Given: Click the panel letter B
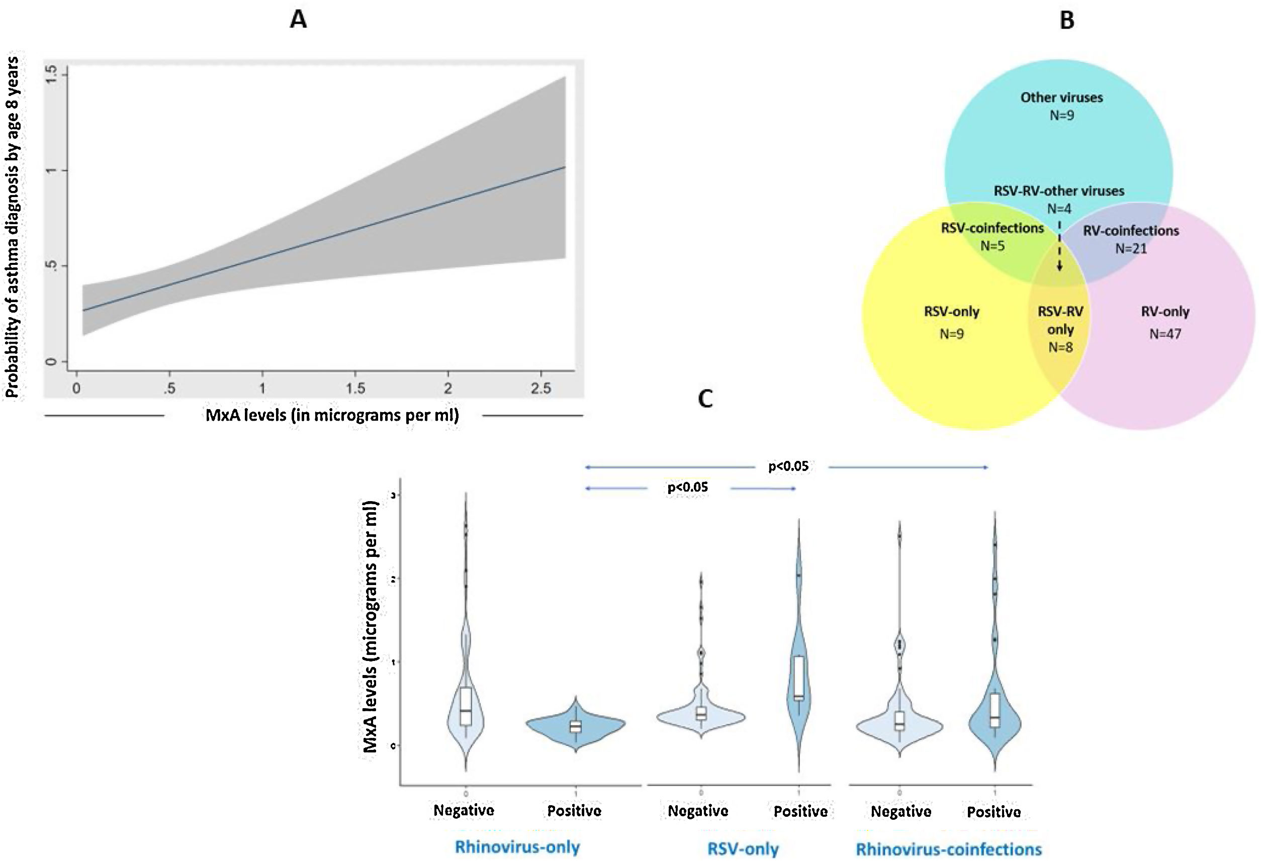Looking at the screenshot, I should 1066,21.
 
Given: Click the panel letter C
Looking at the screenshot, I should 705,399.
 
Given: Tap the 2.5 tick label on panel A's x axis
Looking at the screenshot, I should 541,388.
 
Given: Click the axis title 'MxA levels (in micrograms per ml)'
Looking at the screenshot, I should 332,416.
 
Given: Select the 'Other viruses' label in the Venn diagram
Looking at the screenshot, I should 1061,98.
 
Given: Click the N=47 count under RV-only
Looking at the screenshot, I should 1165,334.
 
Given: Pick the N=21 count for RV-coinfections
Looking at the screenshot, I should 1131,248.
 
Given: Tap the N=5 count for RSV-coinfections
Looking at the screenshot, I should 992,246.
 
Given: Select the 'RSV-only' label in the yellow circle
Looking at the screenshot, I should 952,312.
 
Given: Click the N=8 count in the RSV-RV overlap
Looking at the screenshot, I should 1060,347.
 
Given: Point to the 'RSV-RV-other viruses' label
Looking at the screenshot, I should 1058,191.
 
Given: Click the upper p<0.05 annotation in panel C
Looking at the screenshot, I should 788,466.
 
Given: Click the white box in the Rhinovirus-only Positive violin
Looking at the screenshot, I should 576,726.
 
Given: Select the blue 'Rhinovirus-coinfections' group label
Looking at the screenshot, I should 948,849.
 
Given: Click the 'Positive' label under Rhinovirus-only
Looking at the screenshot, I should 574,811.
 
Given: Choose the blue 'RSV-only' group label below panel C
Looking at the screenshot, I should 743,849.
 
